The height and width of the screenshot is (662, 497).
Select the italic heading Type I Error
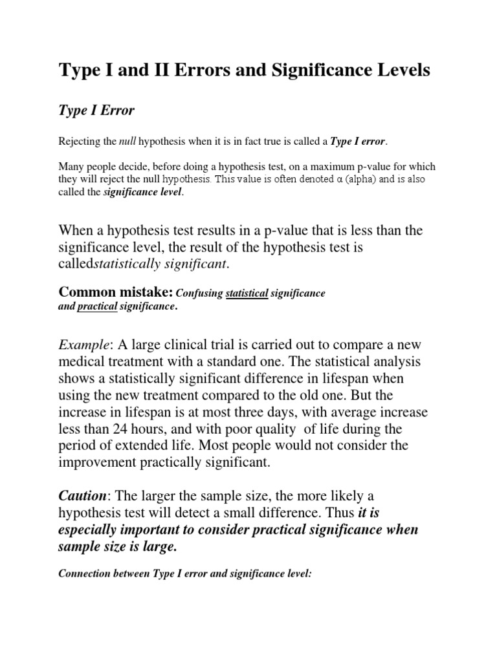click(x=96, y=111)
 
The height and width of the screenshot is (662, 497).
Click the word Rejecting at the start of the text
click(x=78, y=141)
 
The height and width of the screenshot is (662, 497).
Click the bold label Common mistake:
click(x=116, y=294)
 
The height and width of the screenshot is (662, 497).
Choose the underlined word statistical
click(x=247, y=294)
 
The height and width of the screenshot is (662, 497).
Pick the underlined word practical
click(x=97, y=307)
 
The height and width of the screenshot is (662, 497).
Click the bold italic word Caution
click(x=82, y=496)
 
